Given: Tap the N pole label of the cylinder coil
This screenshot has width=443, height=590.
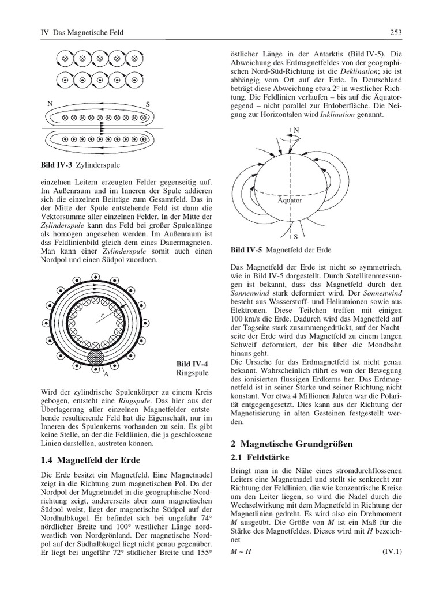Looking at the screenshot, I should tap(50, 104).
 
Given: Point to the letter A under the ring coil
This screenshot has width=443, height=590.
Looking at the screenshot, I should tap(106, 374).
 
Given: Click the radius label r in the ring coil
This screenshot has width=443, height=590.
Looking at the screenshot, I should tap(102, 315).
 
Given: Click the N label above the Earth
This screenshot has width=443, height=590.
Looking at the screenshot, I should tap(297, 130).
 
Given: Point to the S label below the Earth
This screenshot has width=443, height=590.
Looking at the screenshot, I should tap(295, 236).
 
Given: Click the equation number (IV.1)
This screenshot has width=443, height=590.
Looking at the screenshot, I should tap(392, 551).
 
